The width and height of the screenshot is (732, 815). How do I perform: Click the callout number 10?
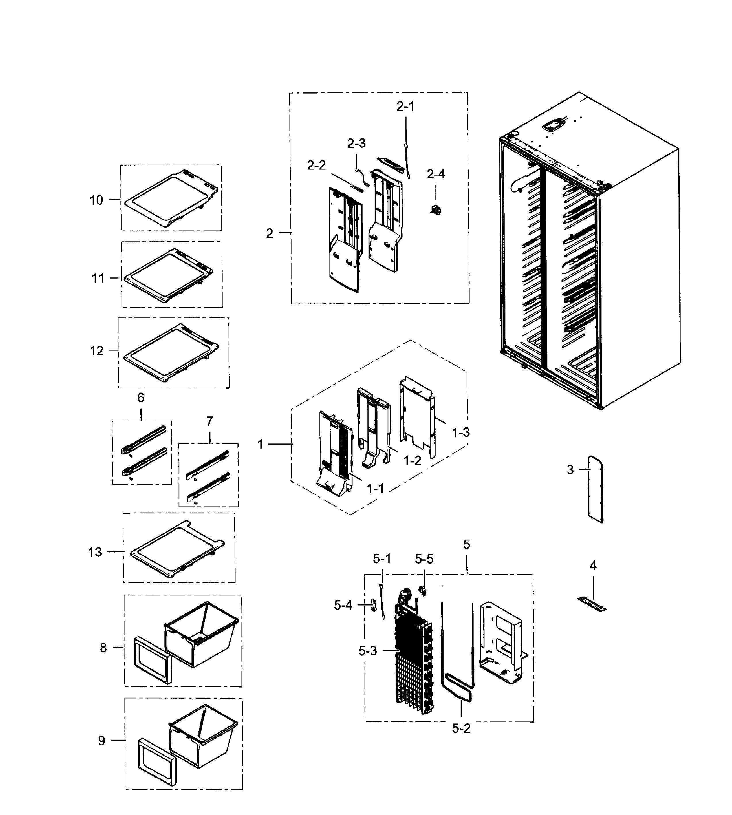coord(96,200)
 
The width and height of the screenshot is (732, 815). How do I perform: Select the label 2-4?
coord(436,174)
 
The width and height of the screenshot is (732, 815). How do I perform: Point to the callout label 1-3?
coord(461,433)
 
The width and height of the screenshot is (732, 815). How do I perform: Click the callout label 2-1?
coord(405,107)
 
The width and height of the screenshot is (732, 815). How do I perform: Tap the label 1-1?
coord(375,489)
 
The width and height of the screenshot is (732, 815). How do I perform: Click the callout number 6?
coord(140,398)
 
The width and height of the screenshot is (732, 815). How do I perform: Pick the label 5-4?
coord(343,605)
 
